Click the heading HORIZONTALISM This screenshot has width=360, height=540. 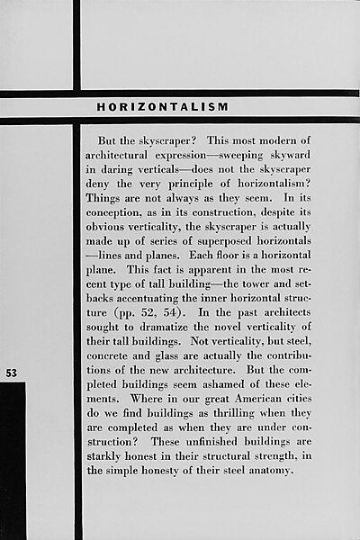tap(162, 107)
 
